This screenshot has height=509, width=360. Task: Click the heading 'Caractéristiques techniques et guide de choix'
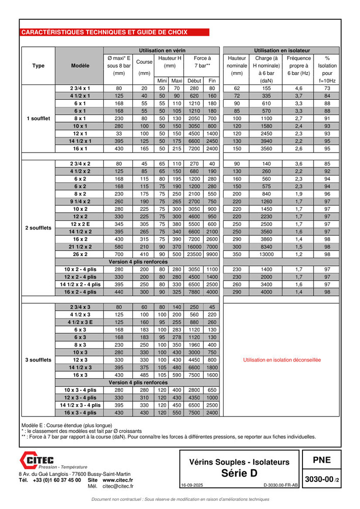click(104, 32)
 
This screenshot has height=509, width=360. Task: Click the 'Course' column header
click(144, 62)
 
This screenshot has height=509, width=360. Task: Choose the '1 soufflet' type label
click(38, 118)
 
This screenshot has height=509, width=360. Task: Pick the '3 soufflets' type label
click(38, 360)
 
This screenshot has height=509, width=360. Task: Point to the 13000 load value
click(267, 254)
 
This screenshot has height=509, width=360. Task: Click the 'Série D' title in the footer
click(239, 473)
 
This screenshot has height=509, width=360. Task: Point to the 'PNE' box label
click(321, 460)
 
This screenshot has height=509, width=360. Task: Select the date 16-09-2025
click(192, 486)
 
